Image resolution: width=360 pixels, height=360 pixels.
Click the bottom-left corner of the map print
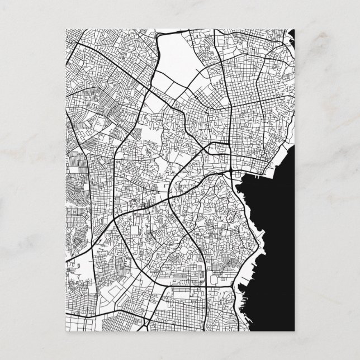[x=66, y=329]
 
